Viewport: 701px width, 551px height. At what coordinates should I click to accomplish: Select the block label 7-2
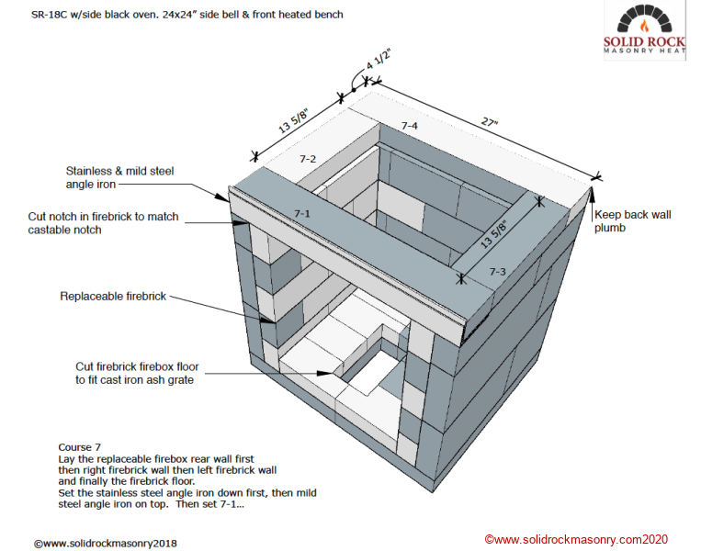coord(308,159)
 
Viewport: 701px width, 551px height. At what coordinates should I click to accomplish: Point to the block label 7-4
coord(409,125)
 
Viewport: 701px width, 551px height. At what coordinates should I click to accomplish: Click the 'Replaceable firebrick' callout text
coord(114,297)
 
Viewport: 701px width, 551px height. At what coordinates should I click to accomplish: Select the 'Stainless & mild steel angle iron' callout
coord(119,177)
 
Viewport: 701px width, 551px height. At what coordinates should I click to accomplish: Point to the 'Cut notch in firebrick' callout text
coord(103,223)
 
